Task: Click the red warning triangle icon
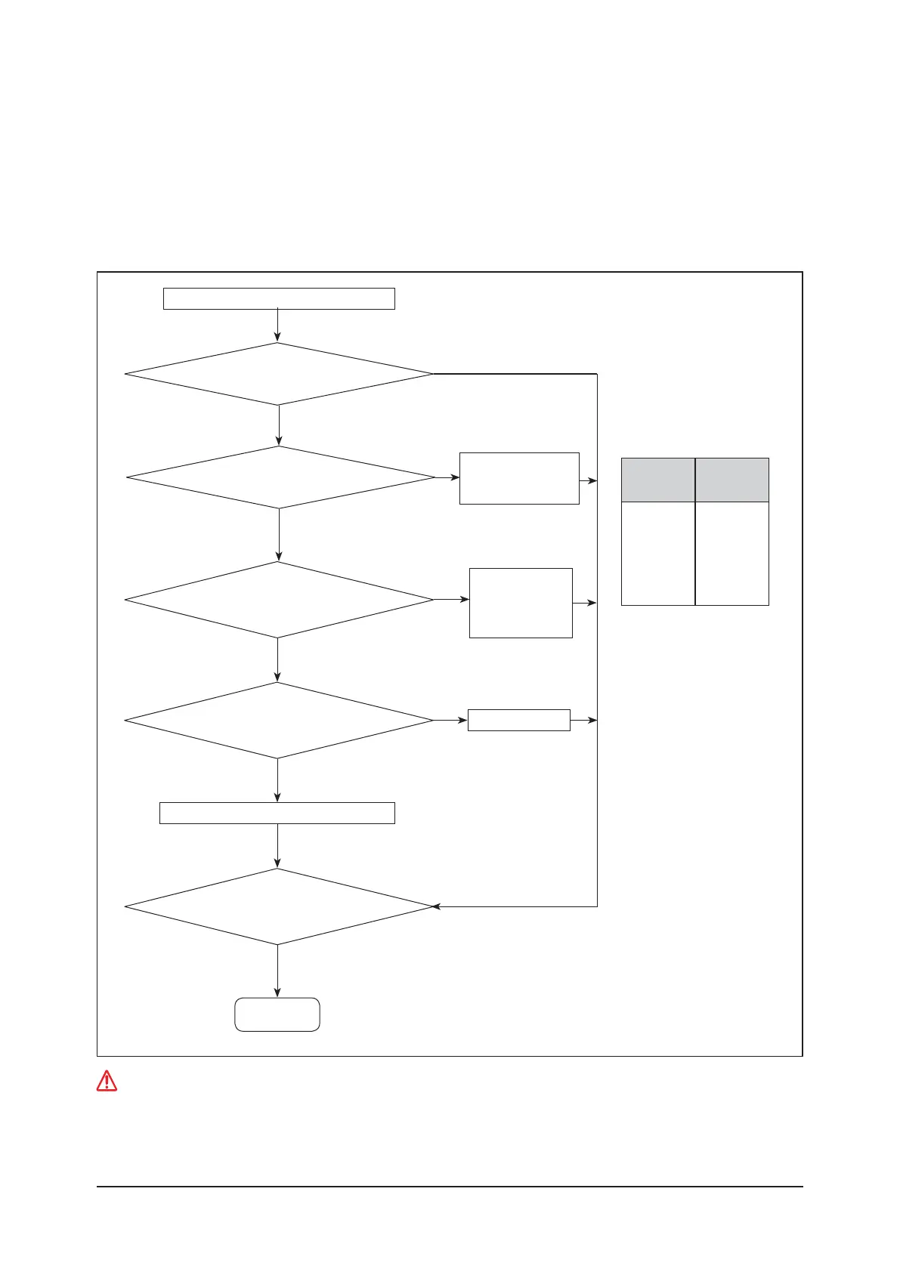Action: pyautogui.click(x=107, y=1081)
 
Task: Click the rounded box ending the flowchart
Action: pyautogui.click(x=277, y=1014)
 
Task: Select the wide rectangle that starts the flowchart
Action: pyautogui.click(x=279, y=298)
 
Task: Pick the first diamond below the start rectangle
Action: pyautogui.click(x=279, y=374)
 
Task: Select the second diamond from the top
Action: pyautogui.click(x=280, y=477)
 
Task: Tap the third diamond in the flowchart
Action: pyautogui.click(x=279, y=600)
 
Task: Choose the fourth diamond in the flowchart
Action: pyautogui.click(x=279, y=721)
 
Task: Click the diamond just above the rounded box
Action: pyautogui.click(x=279, y=906)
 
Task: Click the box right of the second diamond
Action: pyautogui.click(x=519, y=478)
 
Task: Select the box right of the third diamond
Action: pyautogui.click(x=521, y=603)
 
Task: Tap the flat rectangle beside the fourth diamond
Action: pyautogui.click(x=518, y=720)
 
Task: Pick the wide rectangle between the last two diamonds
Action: pyautogui.click(x=277, y=813)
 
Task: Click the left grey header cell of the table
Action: pyautogui.click(x=657, y=480)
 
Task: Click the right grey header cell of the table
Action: pyautogui.click(x=732, y=480)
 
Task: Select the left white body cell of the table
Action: pyautogui.click(x=657, y=553)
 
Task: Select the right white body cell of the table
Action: pyautogui.click(x=732, y=553)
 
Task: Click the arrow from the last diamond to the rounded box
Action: pyautogui.click(x=277, y=971)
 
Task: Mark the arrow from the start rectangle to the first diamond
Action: pyautogui.click(x=278, y=326)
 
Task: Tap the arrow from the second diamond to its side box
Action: pyautogui.click(x=447, y=477)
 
